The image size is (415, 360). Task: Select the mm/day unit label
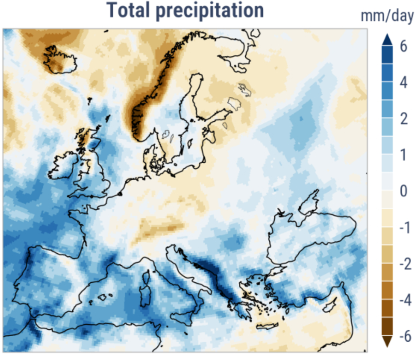click(387, 16)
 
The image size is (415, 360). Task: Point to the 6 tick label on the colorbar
click(403, 47)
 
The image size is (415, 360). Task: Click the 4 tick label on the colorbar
click(403, 83)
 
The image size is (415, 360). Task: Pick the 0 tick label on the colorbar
click(403, 192)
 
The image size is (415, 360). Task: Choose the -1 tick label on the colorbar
click(401, 228)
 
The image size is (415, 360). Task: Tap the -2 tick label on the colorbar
click(401, 264)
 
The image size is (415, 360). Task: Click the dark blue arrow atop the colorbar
click(387, 39)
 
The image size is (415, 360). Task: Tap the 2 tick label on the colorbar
click(403, 119)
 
